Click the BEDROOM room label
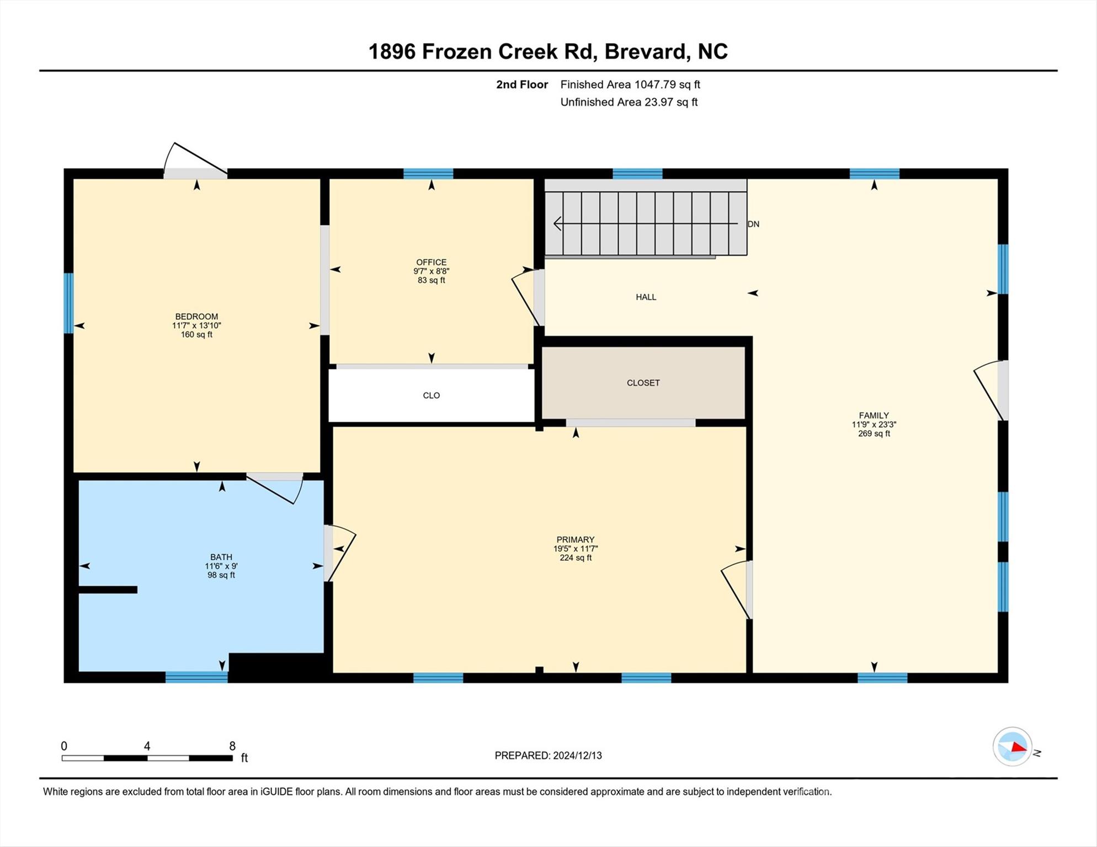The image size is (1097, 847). pos(196,317)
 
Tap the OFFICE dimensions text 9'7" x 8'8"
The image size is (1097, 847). pos(431,271)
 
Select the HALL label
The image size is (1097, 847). pos(646,297)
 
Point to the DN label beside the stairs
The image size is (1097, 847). pos(753,224)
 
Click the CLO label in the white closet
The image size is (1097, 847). pos(431,395)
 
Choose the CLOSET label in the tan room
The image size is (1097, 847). pos(643,383)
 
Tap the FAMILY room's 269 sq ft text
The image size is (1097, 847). pos(874,433)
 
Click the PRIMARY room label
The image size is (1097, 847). pos(575,540)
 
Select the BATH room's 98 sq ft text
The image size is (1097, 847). pos(221,575)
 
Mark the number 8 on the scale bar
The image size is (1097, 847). pos(232,746)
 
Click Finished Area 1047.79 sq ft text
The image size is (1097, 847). pos(630,84)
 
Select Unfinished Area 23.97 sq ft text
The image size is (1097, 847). pos(629,102)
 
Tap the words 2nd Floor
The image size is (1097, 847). pos(521,84)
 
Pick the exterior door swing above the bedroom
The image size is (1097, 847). pos(194,160)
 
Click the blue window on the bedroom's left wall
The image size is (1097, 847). pos(68,303)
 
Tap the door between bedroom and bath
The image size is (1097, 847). pos(274,488)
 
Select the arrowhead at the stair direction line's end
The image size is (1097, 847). pos(557,223)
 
